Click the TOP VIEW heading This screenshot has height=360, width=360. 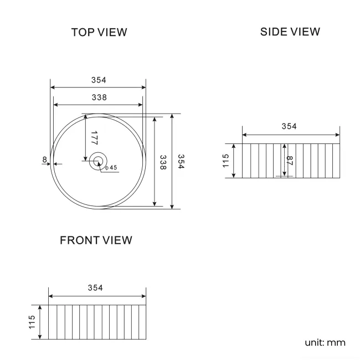(99, 32)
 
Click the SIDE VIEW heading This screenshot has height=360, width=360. (290, 32)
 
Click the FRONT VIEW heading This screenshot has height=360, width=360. (96, 240)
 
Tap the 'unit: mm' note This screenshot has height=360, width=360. (325, 342)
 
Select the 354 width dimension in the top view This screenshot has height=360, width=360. (99, 80)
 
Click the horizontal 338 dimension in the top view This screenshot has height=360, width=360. (99, 97)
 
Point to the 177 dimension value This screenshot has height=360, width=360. (94, 138)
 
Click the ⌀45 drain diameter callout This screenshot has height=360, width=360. (111, 167)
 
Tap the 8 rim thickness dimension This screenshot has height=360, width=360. (44, 160)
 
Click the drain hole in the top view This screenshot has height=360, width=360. (99, 161)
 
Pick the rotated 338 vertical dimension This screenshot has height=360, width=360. (163, 162)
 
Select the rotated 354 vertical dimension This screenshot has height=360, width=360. (181, 162)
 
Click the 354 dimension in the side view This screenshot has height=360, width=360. (289, 126)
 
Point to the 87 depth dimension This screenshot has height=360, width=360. (289, 161)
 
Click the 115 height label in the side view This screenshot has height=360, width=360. (225, 161)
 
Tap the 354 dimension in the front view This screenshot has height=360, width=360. (95, 288)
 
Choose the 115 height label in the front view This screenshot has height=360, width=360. (32, 322)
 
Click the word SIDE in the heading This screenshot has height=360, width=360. (273, 32)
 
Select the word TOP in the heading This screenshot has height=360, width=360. (83, 32)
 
